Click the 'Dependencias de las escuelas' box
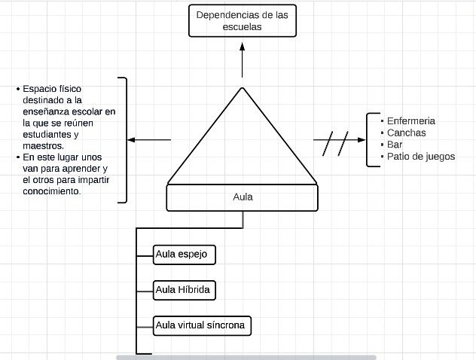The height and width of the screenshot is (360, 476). [x=242, y=20]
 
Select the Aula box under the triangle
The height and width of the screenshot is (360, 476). [x=243, y=197]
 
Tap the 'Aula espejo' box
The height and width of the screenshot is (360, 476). [x=184, y=255]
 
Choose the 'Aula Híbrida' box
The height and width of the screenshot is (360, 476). [x=184, y=290]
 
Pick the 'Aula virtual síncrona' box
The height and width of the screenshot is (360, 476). [x=201, y=325]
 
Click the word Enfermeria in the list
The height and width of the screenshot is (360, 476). [x=410, y=121]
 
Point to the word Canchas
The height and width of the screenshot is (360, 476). [x=406, y=133]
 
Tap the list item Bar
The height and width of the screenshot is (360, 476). [x=395, y=145]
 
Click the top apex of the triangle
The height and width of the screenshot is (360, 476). [x=243, y=89]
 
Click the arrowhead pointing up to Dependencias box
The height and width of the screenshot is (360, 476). [x=243, y=46]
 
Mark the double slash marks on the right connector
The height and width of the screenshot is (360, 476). [x=336, y=142]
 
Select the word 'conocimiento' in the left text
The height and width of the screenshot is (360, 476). [x=52, y=191]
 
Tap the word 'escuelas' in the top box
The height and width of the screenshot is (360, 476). [x=242, y=26]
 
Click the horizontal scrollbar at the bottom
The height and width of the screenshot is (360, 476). [x=246, y=357]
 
